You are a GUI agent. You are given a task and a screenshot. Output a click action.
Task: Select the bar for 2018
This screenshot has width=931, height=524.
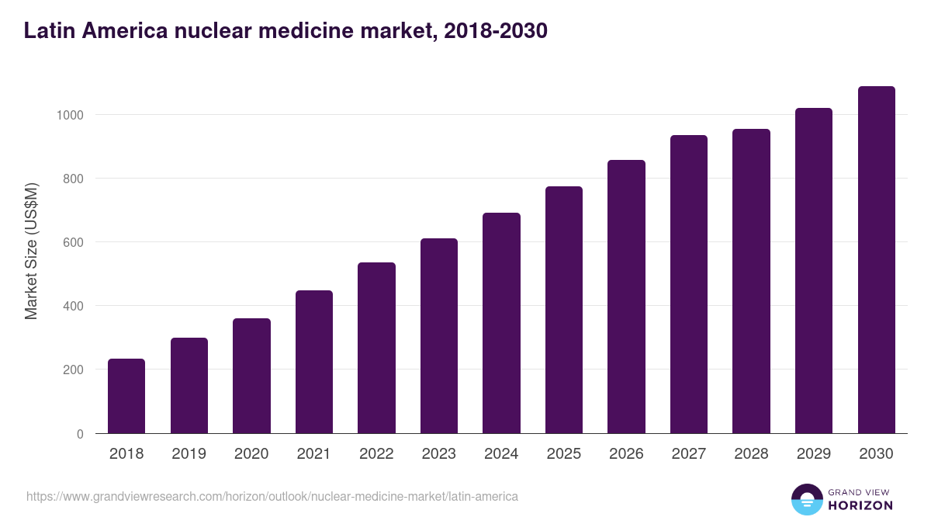point(126,396)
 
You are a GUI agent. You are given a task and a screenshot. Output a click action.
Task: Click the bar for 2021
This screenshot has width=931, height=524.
point(314,362)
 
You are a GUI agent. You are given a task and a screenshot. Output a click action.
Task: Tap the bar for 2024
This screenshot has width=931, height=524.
point(501,323)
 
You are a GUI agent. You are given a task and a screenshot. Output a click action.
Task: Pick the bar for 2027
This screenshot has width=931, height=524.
point(689,284)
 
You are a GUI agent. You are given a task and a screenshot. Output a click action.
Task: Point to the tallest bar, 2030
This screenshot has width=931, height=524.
point(876,260)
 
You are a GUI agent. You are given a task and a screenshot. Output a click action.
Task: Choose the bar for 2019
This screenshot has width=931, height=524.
point(189,386)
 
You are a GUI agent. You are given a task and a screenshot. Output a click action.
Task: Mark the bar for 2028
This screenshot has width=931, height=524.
point(751,281)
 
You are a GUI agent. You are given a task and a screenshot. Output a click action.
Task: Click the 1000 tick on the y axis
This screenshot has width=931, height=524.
point(69,115)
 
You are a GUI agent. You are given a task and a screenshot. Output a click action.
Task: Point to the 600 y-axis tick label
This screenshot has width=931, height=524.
point(72,242)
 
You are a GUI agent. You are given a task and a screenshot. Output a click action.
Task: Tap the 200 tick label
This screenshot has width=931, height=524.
point(72,370)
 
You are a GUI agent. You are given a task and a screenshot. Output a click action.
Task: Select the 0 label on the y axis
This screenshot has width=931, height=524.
point(79,434)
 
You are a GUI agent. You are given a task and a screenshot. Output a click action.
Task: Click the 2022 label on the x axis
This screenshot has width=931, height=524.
point(376,454)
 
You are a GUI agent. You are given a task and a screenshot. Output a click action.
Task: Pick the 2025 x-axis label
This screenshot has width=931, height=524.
point(564,454)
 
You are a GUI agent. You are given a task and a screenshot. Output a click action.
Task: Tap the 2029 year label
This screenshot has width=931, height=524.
point(814,454)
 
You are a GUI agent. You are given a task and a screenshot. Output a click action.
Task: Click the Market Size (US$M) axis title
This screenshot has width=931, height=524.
point(32,252)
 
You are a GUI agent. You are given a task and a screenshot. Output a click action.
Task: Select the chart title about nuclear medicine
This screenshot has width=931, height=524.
point(286,31)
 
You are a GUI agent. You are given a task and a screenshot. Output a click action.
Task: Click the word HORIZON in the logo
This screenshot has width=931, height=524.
point(860,505)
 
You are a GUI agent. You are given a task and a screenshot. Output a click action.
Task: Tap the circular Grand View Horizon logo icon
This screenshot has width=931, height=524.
point(807,499)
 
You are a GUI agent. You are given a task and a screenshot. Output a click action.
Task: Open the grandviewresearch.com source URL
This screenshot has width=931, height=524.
point(272,496)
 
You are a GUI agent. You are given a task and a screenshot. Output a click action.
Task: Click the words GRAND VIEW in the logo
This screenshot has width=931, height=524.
point(860,491)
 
